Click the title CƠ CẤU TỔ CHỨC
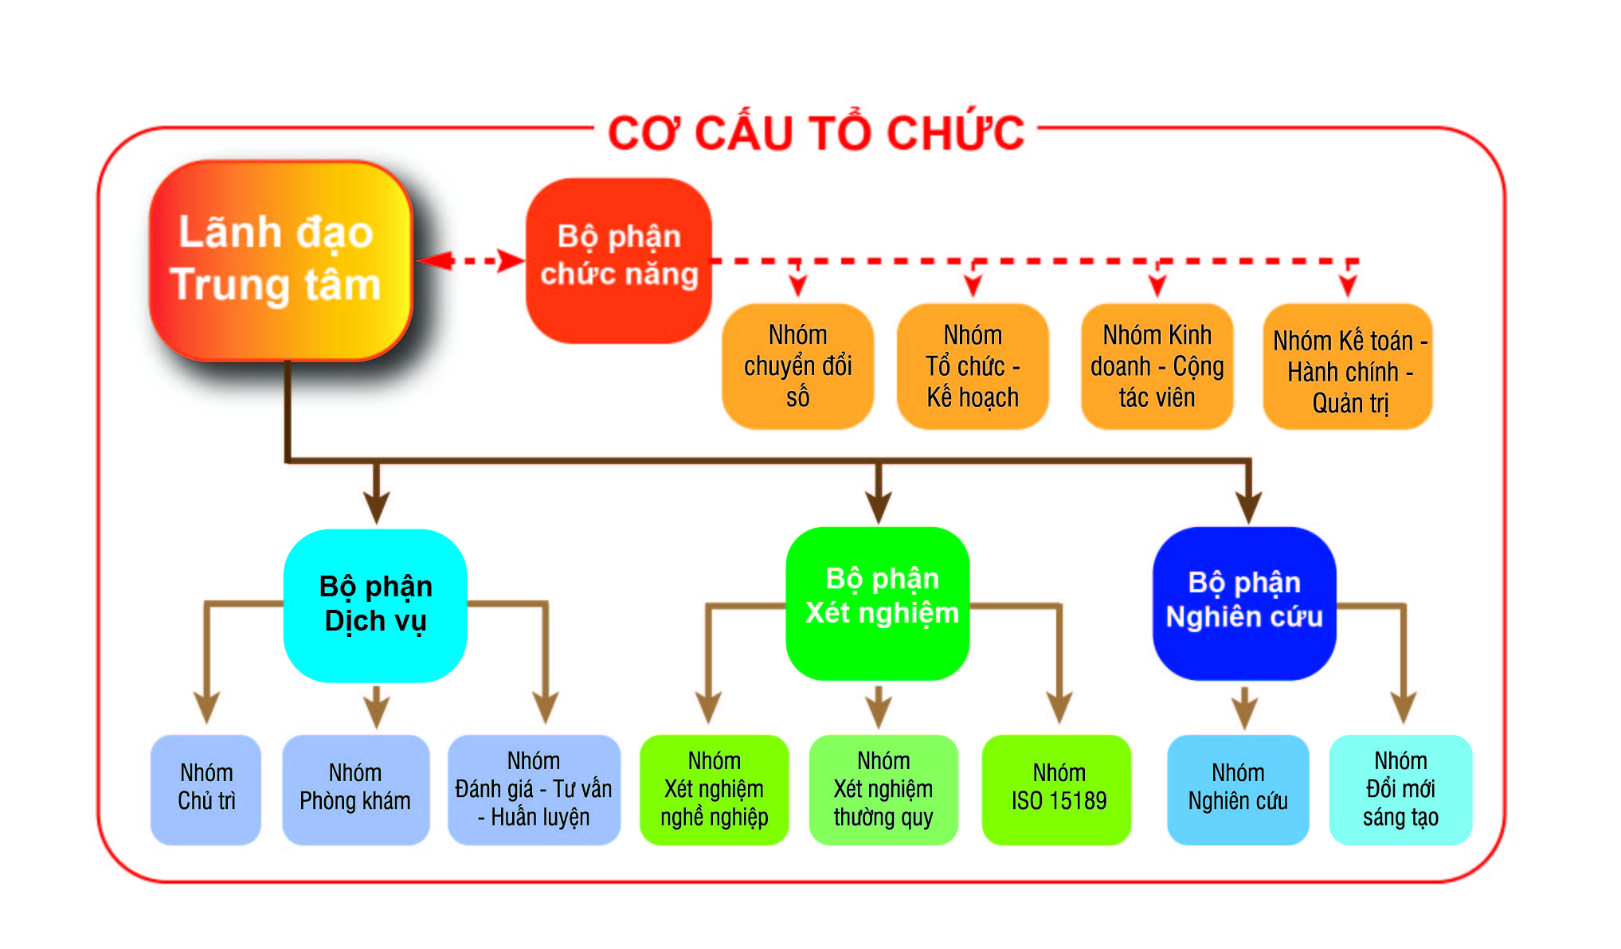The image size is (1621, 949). [x=816, y=133]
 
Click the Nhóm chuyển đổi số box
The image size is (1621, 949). [x=797, y=366]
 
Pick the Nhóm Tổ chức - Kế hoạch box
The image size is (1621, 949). [x=973, y=366]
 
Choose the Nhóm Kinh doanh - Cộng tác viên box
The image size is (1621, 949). [x=1157, y=366]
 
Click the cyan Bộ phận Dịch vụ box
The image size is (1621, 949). [x=375, y=605]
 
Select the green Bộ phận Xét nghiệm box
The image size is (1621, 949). [x=878, y=603]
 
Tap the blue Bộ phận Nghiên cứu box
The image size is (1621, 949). [x=1244, y=603]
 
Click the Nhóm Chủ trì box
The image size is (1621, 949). [x=206, y=789]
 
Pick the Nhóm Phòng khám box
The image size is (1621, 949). [x=355, y=789]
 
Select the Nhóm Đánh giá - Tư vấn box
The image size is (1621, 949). [x=534, y=789]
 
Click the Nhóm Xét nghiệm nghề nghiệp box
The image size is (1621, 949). [x=714, y=789]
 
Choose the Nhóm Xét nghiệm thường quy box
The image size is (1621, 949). [x=883, y=789]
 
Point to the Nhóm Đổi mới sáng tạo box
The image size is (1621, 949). [x=1400, y=789]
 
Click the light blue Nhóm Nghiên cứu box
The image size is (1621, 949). [x=1238, y=789]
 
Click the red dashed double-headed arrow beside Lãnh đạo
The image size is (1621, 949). [x=470, y=260]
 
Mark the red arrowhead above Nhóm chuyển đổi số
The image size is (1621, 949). [x=797, y=284]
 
